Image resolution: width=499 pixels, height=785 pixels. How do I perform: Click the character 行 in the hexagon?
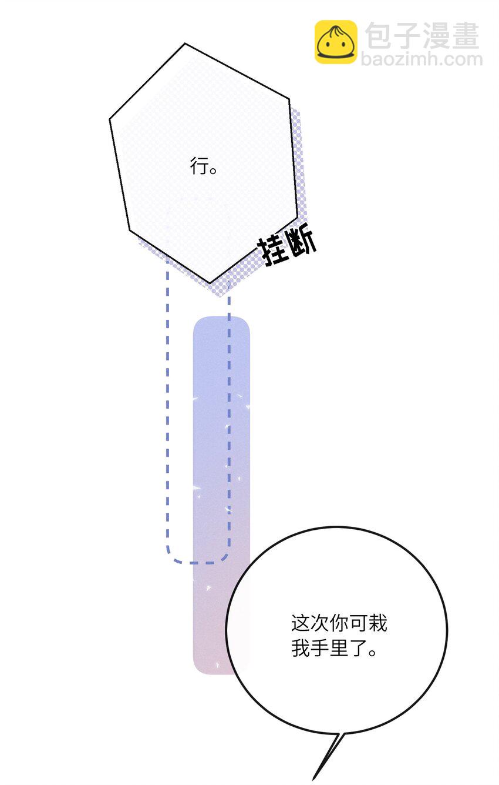point(198,166)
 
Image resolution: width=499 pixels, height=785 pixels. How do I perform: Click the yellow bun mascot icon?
point(336,42)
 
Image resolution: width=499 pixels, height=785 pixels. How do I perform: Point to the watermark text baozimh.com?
point(422,59)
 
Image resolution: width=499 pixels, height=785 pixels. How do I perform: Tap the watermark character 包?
point(378,35)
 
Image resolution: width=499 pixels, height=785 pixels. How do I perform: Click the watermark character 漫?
point(437,35)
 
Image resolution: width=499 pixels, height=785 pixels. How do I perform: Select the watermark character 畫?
point(466,35)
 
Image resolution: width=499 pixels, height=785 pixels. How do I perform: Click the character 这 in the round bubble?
point(301,623)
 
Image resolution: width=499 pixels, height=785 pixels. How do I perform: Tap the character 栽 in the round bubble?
point(377,623)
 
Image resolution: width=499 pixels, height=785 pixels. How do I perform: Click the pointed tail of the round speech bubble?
point(313,779)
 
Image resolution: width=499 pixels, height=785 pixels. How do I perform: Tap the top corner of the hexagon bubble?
point(185,44)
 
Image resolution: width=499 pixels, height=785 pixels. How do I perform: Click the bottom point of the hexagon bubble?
point(210,283)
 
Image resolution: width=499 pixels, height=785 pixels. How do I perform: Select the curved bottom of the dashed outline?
point(198,563)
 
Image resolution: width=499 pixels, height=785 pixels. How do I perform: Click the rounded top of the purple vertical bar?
point(221,318)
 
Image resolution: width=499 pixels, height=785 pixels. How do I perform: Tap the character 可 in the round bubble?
point(358,623)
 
